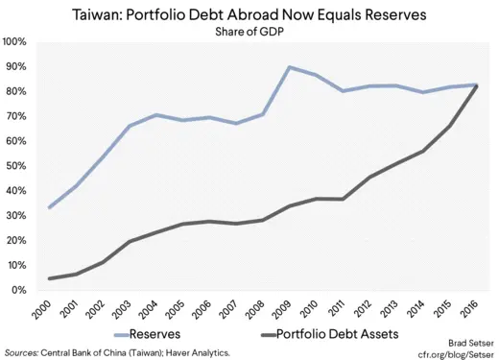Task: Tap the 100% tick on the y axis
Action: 14,42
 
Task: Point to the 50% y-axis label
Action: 16,166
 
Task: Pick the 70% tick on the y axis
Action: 16,116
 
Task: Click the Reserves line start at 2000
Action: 48,207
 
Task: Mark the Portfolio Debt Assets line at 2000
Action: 48,278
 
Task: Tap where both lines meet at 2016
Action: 478,85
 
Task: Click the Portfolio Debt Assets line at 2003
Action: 129,241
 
